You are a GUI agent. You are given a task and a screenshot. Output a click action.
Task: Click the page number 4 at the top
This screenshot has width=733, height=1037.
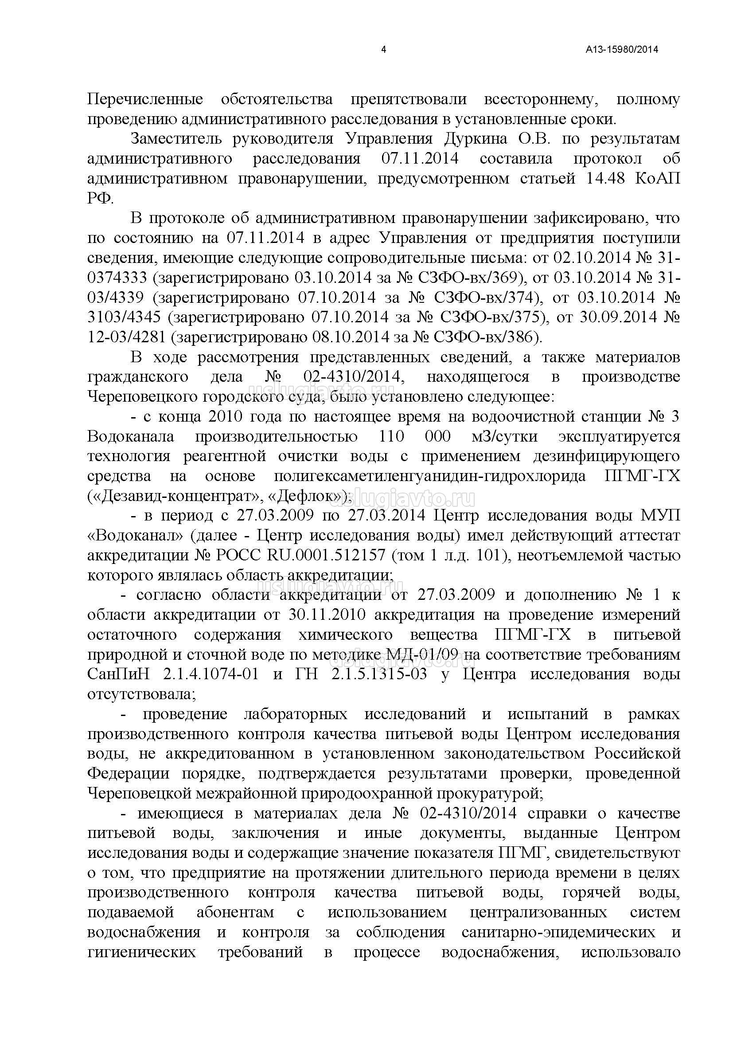point(384,50)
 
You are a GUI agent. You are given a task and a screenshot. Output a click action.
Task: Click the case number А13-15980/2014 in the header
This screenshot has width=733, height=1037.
point(622,50)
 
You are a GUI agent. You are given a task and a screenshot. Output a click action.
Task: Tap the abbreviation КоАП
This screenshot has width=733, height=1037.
point(657,178)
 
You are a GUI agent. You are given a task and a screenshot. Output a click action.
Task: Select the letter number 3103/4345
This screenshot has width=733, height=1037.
point(124,317)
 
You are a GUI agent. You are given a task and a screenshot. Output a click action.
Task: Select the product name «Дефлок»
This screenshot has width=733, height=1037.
point(306,497)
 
